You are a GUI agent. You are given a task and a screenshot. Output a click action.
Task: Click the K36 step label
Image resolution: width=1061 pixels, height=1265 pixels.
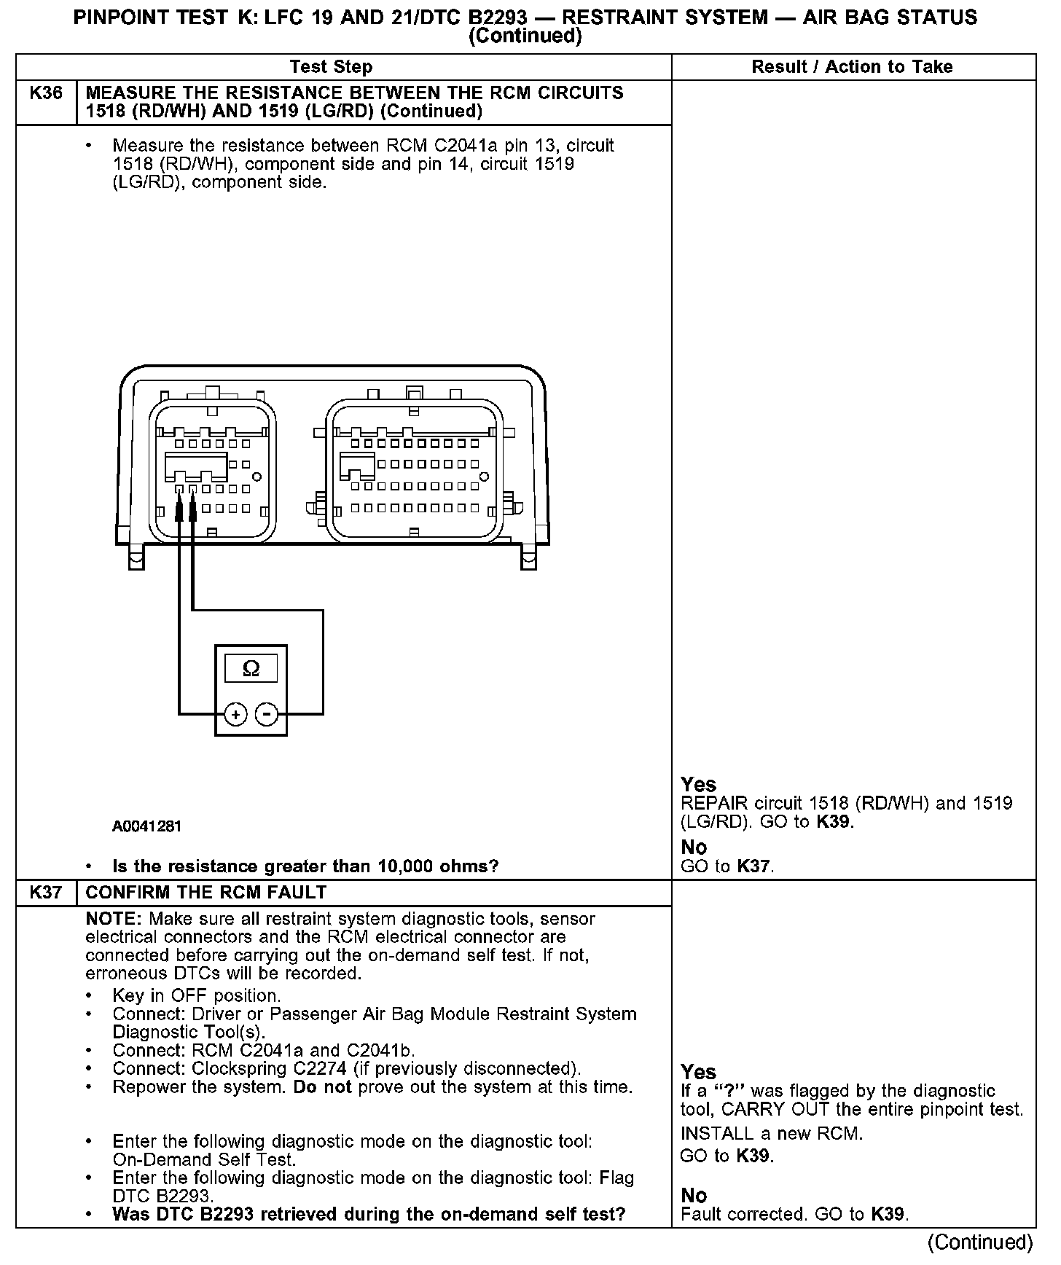tap(45, 93)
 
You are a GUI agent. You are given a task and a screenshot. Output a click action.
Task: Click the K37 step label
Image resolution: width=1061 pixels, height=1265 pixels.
tap(45, 893)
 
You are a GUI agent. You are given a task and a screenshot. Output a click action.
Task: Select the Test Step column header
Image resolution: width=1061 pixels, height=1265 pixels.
tap(331, 67)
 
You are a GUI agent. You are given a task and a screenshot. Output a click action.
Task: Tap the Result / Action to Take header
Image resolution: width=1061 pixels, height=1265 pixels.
tap(852, 67)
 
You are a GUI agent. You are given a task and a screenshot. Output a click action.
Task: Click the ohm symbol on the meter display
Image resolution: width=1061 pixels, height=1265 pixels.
tap(251, 668)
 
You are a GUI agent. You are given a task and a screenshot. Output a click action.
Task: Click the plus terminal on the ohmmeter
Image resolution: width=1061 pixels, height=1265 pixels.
tap(235, 714)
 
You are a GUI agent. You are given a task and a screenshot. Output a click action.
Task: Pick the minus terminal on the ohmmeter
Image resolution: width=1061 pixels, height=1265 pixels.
tap(267, 714)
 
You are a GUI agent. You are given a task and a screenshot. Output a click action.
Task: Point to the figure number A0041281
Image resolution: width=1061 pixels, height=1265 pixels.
tap(146, 826)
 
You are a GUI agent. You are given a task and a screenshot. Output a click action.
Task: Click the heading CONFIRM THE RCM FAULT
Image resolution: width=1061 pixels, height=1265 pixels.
tap(206, 893)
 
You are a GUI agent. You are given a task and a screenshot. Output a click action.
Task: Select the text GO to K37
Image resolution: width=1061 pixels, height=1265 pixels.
tap(727, 866)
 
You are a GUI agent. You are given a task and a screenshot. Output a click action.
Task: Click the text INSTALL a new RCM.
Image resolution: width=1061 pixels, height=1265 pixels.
tap(772, 1134)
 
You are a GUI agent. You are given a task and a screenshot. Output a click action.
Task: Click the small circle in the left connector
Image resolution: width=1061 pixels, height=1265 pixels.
tap(257, 477)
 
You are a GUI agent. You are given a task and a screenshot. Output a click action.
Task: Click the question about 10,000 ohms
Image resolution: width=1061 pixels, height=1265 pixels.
tap(305, 866)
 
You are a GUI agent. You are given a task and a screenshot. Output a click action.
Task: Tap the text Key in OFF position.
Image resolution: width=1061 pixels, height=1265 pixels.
tap(197, 996)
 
